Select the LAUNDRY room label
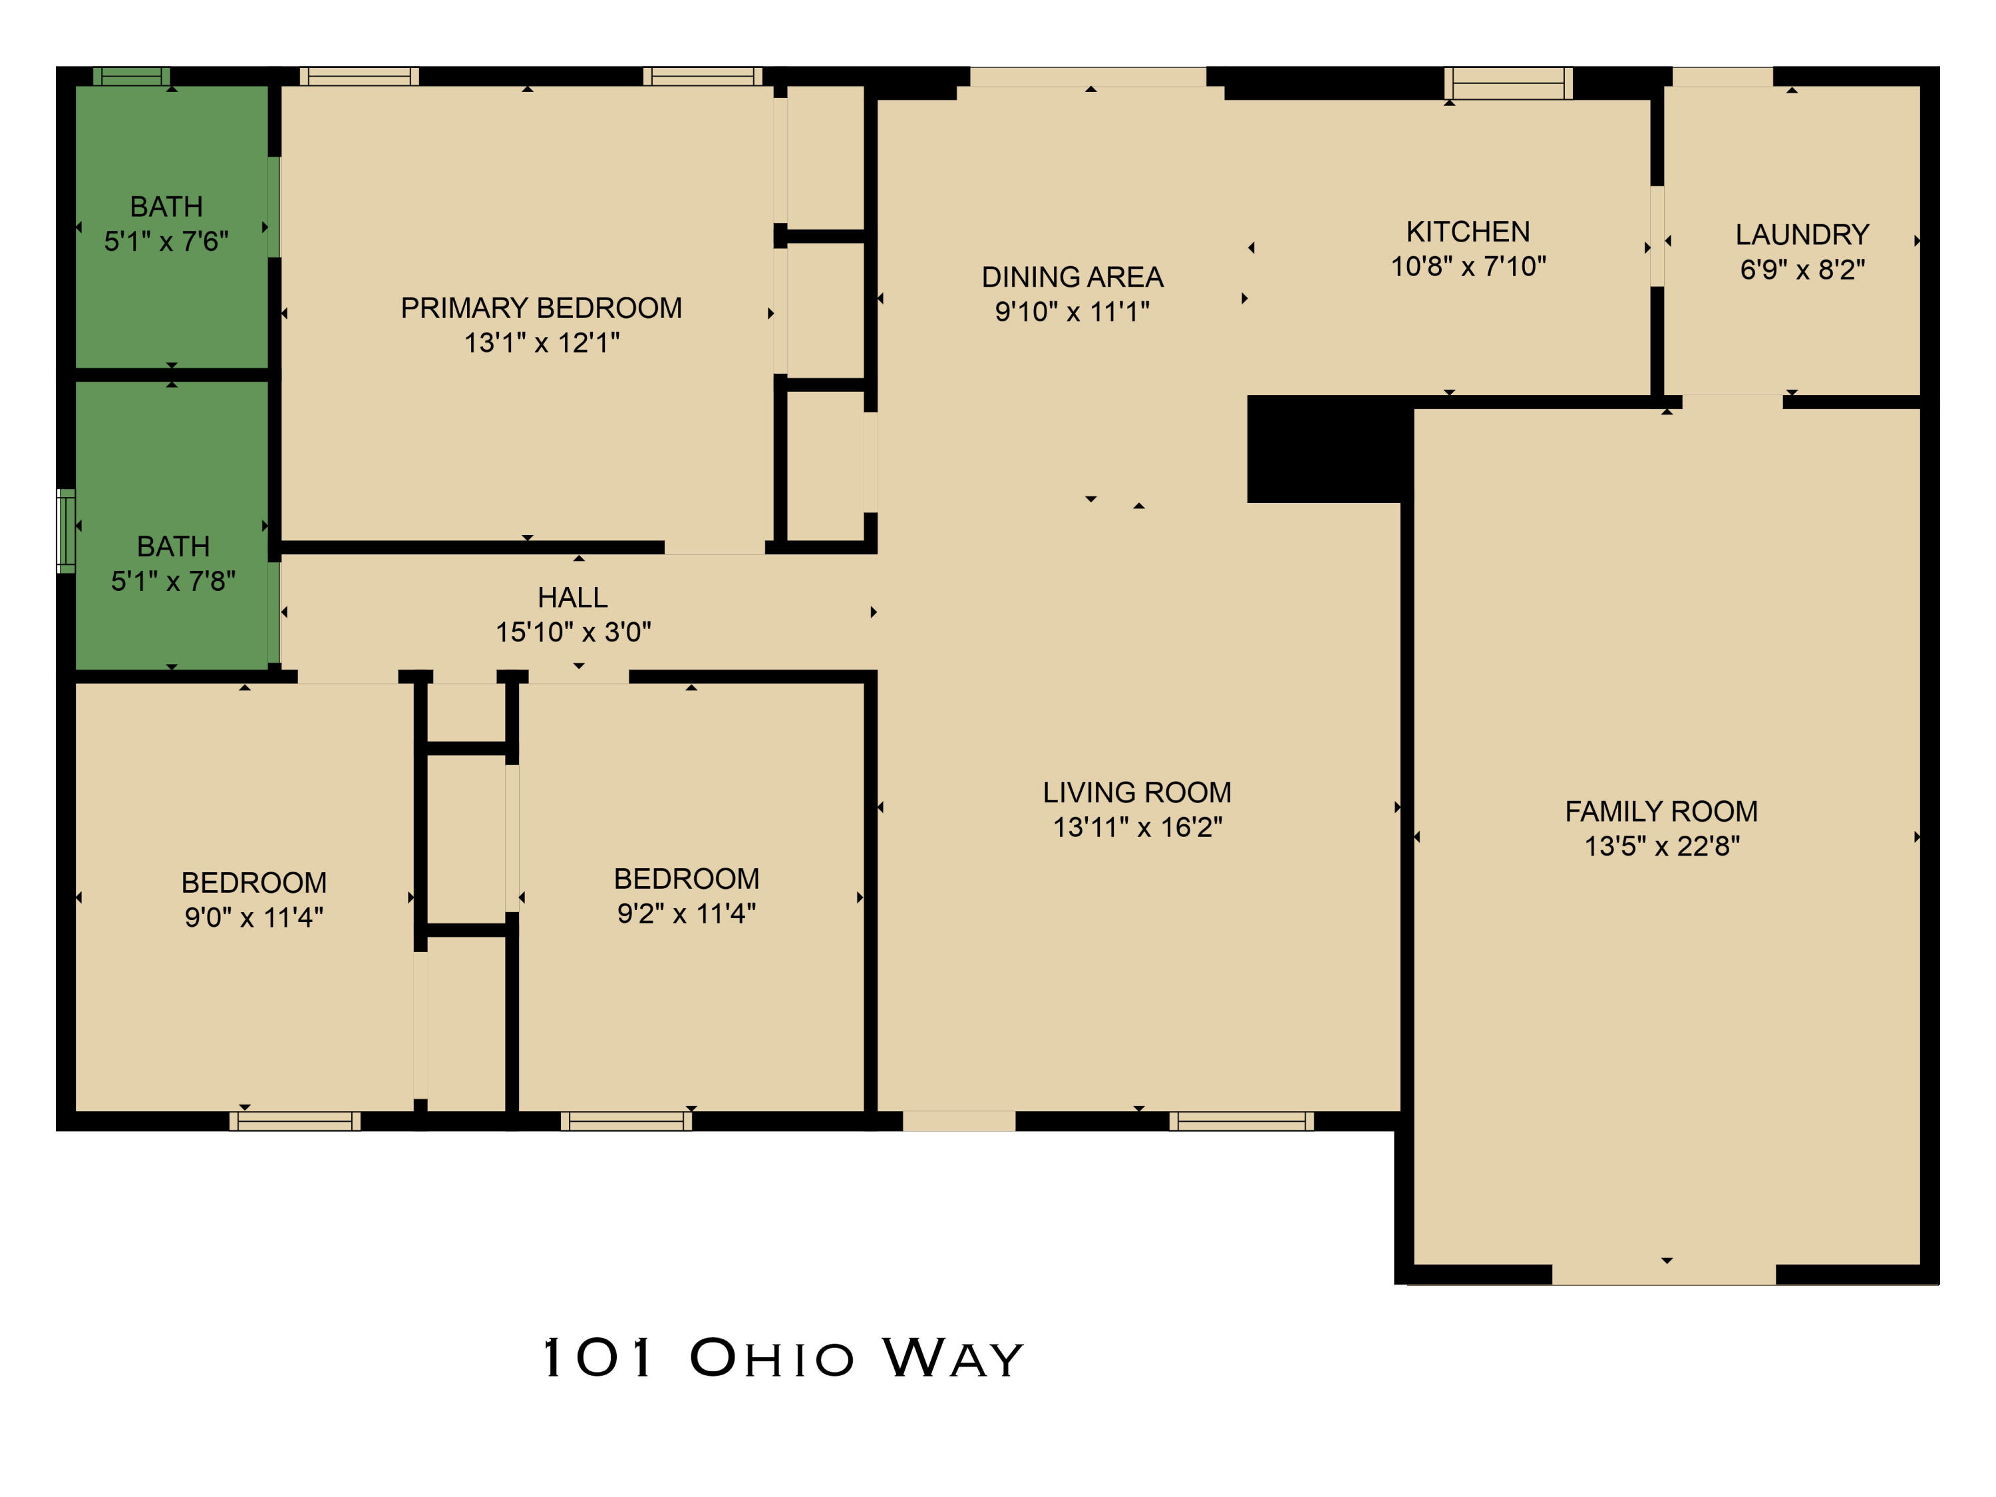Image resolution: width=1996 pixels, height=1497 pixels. pos(1801,235)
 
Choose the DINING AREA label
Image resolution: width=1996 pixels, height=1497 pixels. pos(1072,277)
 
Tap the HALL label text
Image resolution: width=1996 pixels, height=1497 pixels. pos(572,597)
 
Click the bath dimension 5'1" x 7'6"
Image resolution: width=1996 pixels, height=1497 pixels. pos(166,242)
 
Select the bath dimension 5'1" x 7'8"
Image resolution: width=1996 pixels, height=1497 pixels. pos(172,581)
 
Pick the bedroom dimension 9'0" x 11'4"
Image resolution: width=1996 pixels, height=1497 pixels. pos(253,917)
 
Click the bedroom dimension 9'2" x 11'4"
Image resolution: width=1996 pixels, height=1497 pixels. pos(686,914)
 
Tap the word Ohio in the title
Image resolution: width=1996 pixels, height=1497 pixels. pos(772,1359)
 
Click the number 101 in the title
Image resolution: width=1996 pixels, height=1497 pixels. pos(597,1357)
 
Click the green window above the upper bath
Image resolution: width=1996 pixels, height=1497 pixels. pos(132,77)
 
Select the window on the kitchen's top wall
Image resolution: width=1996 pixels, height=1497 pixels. pos(1508,84)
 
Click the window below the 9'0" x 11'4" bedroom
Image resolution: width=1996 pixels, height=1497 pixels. pos(295,1120)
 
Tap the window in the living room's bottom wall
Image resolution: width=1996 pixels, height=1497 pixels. pos(1241,1120)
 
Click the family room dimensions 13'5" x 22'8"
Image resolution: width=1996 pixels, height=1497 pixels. pos(1661,846)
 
